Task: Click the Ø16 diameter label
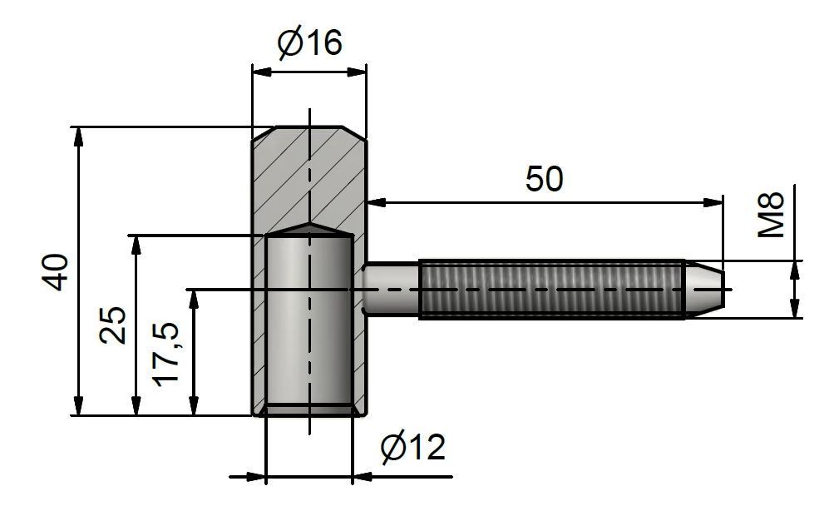point(310,42)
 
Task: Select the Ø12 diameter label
point(412,447)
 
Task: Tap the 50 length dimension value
point(544,179)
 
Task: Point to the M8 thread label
point(771,214)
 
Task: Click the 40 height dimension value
point(57,272)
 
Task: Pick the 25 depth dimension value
point(113,325)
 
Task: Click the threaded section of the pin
point(551,290)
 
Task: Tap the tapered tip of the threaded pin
point(704,290)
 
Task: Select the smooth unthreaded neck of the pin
point(391,290)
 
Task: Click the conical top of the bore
point(309,230)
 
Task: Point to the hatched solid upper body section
point(309,176)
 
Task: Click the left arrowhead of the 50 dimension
point(377,202)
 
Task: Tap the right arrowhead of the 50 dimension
point(713,202)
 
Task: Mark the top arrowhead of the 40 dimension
point(79,136)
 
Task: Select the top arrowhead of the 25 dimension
point(136,245)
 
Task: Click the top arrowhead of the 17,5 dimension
point(194,299)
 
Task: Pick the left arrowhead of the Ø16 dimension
point(262,72)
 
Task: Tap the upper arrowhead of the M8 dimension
point(795,270)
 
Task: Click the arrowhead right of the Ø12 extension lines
point(362,477)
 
